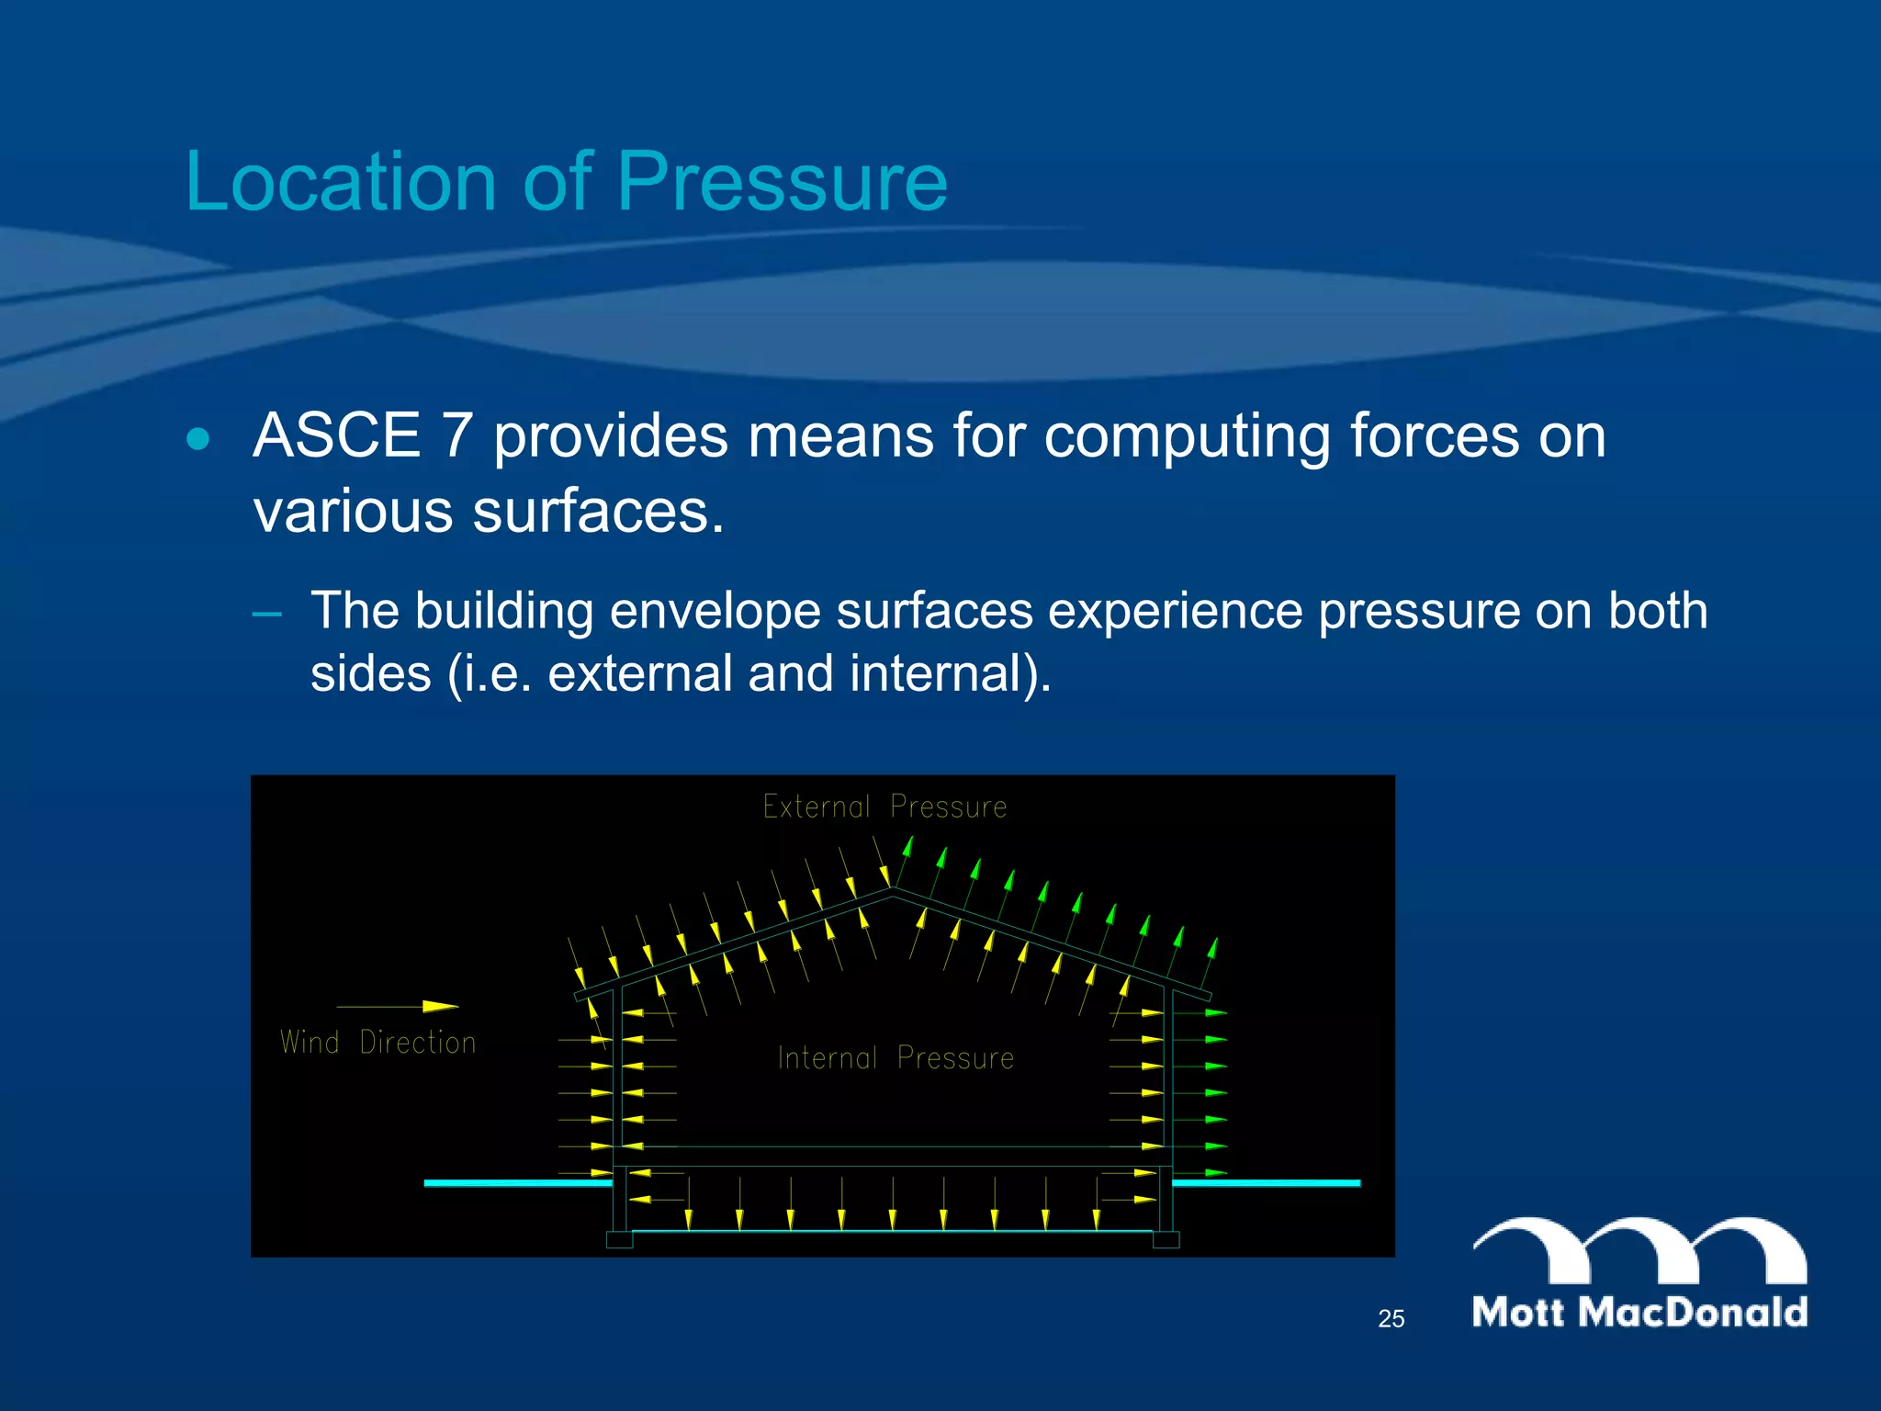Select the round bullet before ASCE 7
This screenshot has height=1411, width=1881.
click(x=197, y=438)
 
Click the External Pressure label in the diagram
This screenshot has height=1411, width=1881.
click(x=884, y=807)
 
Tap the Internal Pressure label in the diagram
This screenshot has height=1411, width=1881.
click(x=895, y=1058)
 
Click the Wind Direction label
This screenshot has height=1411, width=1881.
click(x=377, y=1043)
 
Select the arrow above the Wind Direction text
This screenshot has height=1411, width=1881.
click(x=398, y=1007)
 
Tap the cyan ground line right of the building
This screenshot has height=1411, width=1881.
click(x=1267, y=1183)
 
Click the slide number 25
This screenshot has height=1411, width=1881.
click(x=1391, y=1319)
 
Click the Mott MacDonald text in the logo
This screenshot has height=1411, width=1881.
click(x=1639, y=1312)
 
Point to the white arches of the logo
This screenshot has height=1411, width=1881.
click(x=1639, y=1249)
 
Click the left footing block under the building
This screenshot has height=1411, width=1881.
click(x=619, y=1240)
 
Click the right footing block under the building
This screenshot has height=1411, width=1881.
click(x=1166, y=1240)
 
